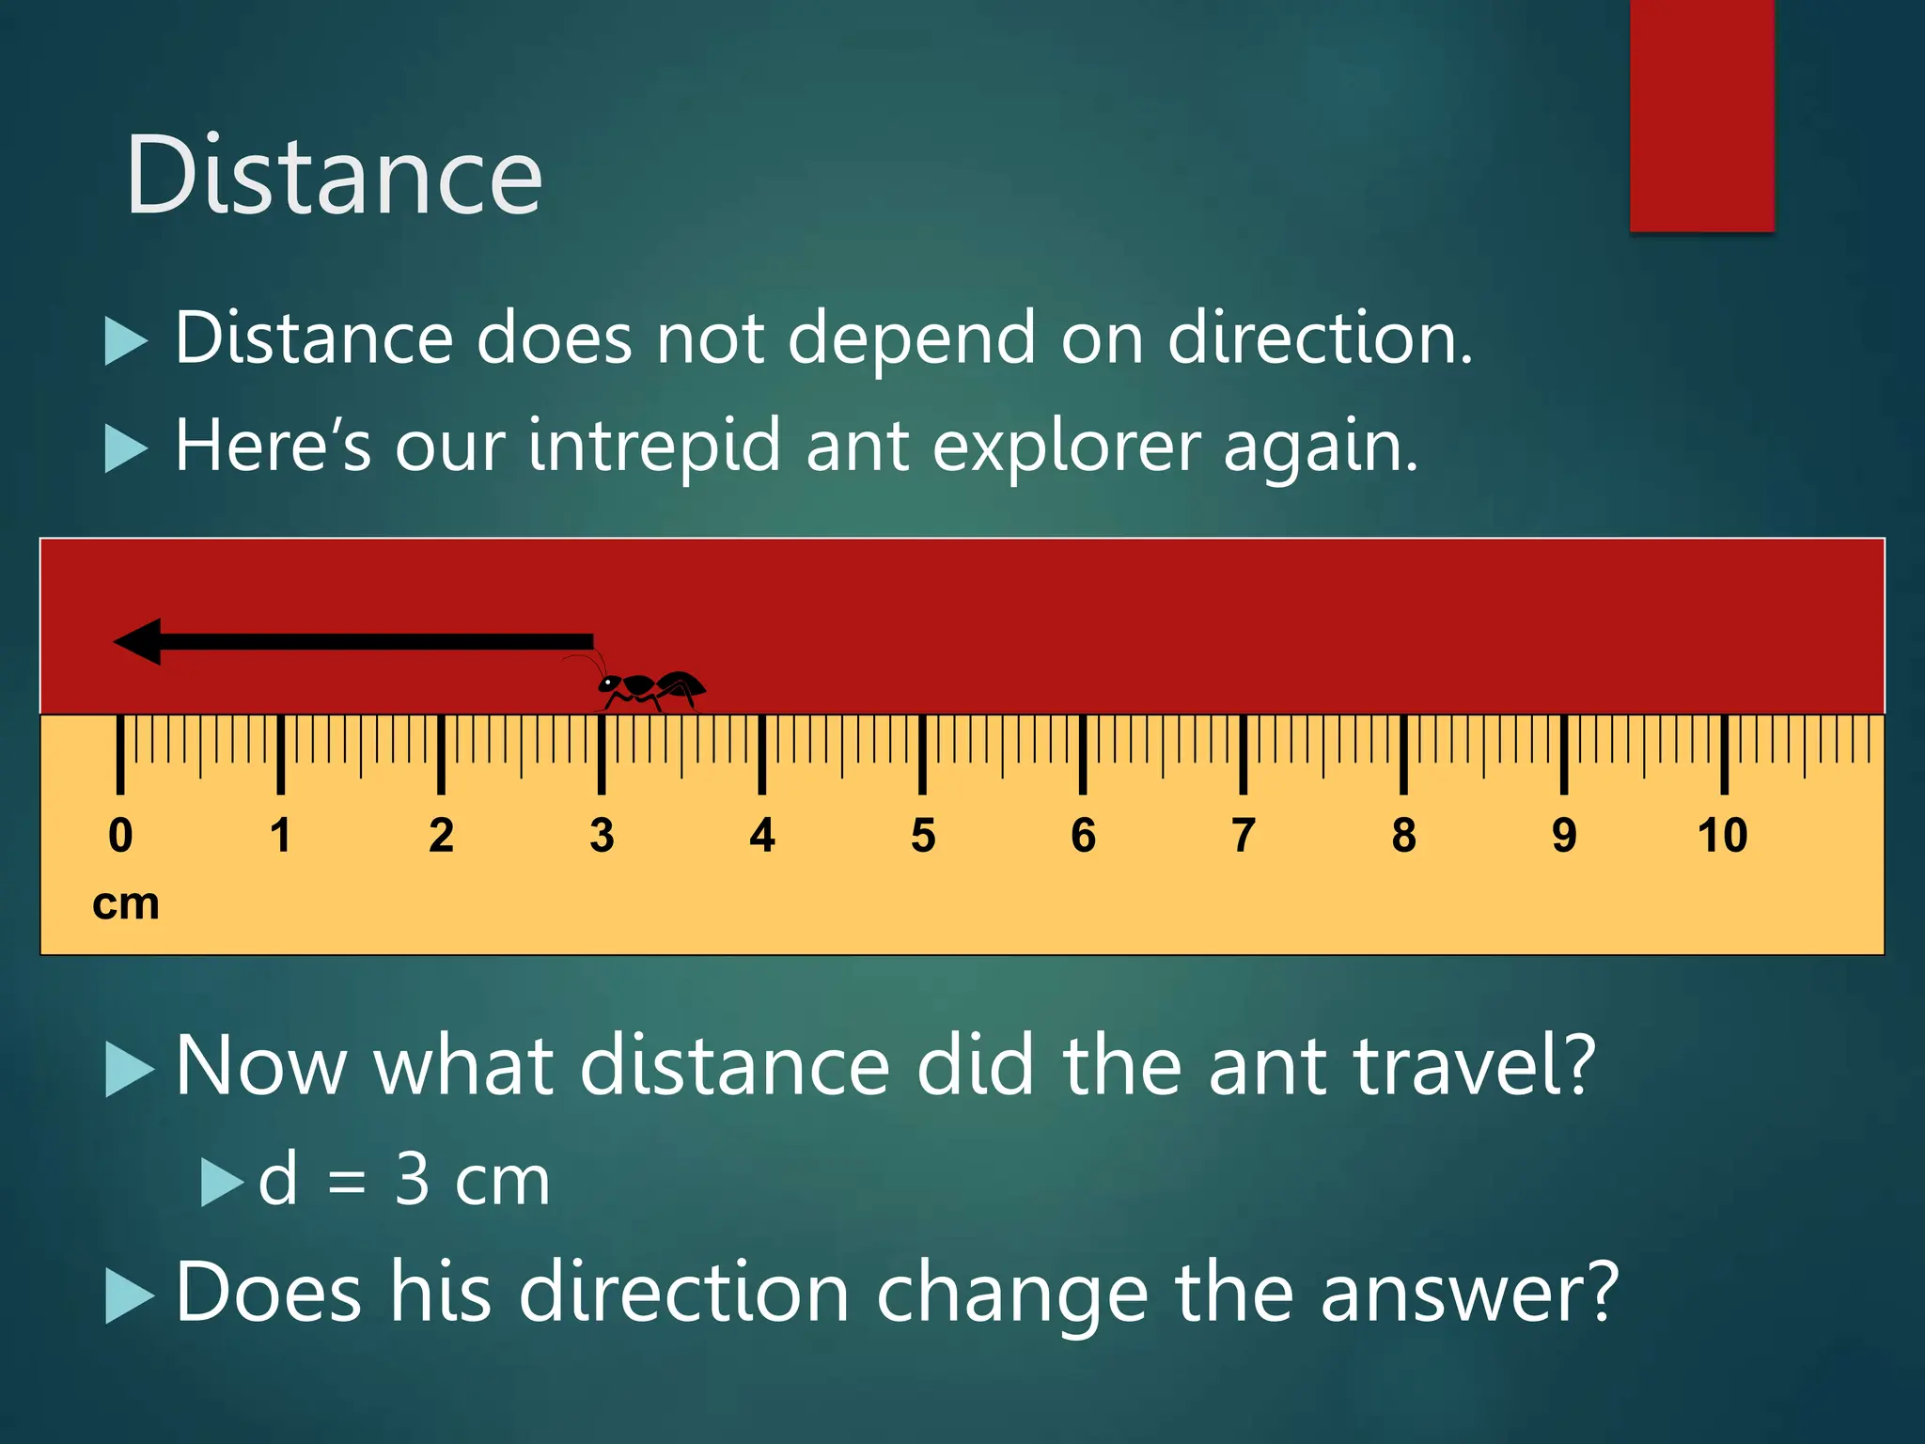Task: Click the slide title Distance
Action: point(334,176)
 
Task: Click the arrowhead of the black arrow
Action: point(139,642)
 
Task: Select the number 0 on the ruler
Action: point(120,836)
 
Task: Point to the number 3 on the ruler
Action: point(602,836)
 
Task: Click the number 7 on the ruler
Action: point(1244,836)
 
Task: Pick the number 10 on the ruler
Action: point(1723,836)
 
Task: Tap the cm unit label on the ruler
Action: point(126,904)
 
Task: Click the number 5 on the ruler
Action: point(923,836)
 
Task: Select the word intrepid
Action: point(653,447)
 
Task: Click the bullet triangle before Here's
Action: point(126,447)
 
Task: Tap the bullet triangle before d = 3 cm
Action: point(222,1182)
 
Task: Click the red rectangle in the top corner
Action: point(1701,115)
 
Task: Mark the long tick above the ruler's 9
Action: point(1564,754)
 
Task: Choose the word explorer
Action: point(1067,447)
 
